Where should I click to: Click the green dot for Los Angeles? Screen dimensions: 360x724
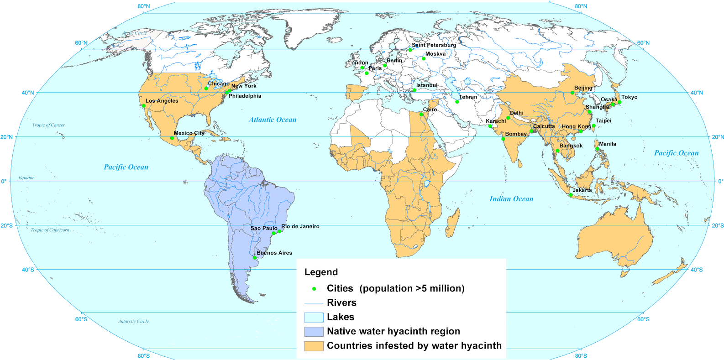pyautogui.click(x=144, y=106)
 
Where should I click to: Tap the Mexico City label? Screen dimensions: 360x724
pyautogui.click(x=189, y=133)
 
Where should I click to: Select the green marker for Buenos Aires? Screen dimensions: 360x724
pyautogui.click(x=255, y=258)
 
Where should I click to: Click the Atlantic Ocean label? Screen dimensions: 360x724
pyautogui.click(x=273, y=120)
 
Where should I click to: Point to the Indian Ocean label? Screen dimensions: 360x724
pyautogui.click(x=511, y=198)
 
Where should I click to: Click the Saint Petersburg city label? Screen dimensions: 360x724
pyautogui.click(x=434, y=45)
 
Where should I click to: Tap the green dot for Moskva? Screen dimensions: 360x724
pyautogui.click(x=424, y=58)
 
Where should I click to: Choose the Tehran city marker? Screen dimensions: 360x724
pyautogui.click(x=457, y=102)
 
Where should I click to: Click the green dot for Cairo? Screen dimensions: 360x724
pyautogui.click(x=421, y=114)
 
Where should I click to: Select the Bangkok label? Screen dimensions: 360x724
pyautogui.click(x=571, y=146)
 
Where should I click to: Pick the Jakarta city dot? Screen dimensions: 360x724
pyautogui.click(x=571, y=195)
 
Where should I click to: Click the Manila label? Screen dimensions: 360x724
pyautogui.click(x=608, y=144)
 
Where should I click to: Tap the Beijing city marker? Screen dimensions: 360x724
pyautogui.click(x=572, y=93)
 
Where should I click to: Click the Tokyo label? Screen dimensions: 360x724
pyautogui.click(x=629, y=97)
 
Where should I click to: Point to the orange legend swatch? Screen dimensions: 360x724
pyautogui.click(x=314, y=346)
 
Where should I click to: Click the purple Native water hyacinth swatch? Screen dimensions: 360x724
pyautogui.click(x=314, y=331)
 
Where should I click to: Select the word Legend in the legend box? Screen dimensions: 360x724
pyautogui.click(x=321, y=272)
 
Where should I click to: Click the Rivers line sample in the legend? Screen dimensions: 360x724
pyautogui.click(x=314, y=303)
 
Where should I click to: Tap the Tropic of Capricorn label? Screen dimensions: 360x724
pyautogui.click(x=50, y=230)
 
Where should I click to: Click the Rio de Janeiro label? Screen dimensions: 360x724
pyautogui.click(x=300, y=226)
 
